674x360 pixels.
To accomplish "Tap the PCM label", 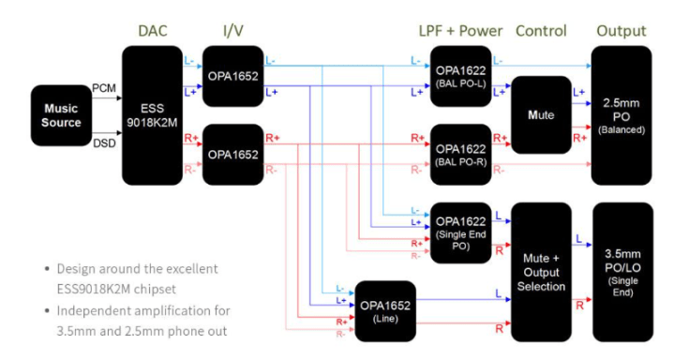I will (103, 87).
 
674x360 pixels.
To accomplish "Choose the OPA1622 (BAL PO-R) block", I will (461, 153).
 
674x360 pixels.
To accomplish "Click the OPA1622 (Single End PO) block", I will (461, 230).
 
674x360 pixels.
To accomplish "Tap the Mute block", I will (541, 114).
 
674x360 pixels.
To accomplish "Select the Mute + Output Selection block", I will (541, 272).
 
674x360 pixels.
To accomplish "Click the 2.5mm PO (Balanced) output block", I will (622, 114).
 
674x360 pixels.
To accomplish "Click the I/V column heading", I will (232, 31).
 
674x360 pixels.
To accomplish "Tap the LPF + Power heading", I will (460, 31).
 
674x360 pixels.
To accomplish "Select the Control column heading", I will (541, 31).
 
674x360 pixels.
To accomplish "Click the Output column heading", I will (622, 31).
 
